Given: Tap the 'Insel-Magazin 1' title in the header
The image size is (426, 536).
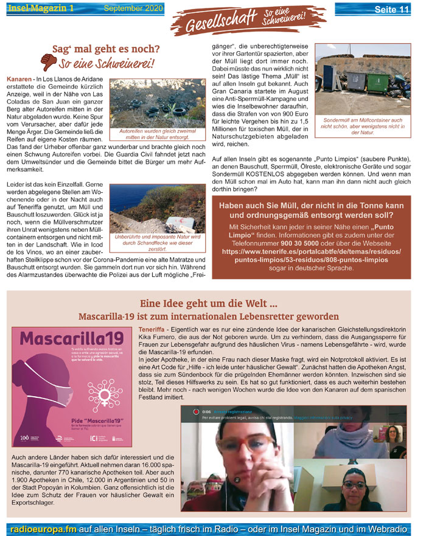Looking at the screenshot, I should [x=41, y=8].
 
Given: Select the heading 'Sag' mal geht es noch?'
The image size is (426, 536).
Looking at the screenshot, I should [x=106, y=49].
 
